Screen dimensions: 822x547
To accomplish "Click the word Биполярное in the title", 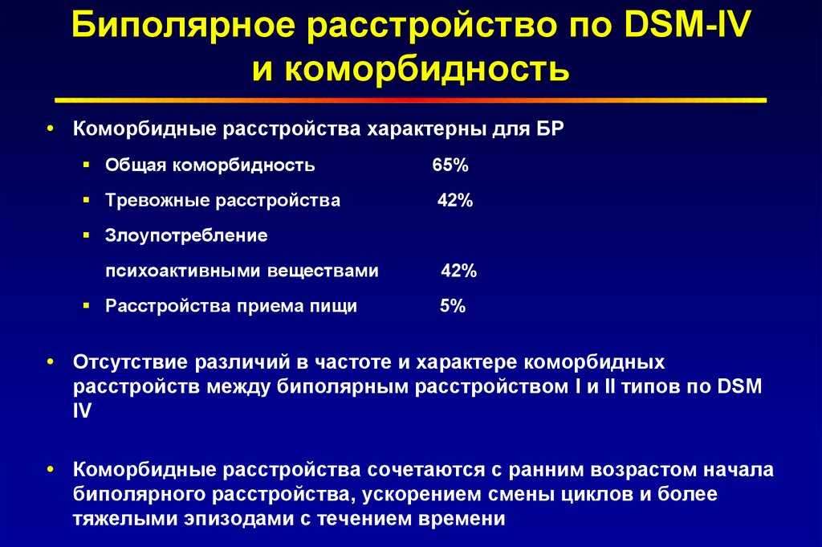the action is tap(183, 25).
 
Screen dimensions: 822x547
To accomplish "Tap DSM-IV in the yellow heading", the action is tap(688, 24).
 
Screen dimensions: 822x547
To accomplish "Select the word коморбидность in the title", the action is tap(427, 69).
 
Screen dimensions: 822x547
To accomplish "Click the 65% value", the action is tap(450, 165).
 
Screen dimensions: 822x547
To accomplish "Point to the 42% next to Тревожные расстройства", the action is tap(455, 200).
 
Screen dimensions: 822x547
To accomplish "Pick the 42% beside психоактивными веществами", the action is tap(458, 271).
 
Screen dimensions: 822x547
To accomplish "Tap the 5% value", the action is tap(453, 306).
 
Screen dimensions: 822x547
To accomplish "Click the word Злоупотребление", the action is tap(186, 236).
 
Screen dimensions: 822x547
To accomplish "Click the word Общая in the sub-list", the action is tap(135, 165).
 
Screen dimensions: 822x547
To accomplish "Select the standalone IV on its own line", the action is tap(83, 410).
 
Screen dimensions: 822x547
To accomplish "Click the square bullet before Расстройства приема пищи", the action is tap(87, 305).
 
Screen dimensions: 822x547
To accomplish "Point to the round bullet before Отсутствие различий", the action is tap(51, 362).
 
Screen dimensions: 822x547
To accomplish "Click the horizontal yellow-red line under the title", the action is tap(410, 100).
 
